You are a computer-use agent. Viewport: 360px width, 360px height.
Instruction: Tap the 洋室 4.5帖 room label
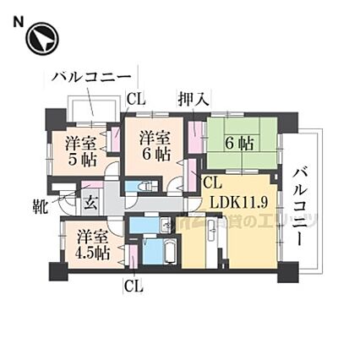pos(90,244)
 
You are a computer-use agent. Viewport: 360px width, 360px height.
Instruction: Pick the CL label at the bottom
pos(134,286)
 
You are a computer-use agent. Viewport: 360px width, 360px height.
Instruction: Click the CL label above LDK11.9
pos(212,183)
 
